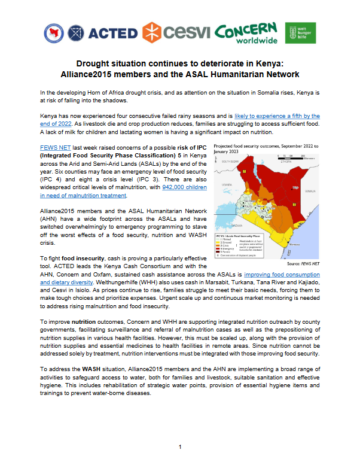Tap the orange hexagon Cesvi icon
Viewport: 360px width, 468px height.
pyautogui.click(x=152, y=31)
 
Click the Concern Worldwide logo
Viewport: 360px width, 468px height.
pyautogui.click(x=246, y=32)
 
